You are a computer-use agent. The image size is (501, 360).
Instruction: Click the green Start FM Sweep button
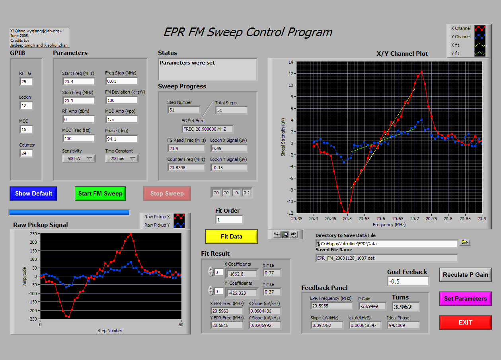click(x=100, y=194)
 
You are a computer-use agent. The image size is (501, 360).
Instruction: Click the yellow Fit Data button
click(x=232, y=237)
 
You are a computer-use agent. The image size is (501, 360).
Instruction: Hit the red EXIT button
click(x=466, y=323)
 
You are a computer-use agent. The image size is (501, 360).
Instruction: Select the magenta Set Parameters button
click(x=466, y=298)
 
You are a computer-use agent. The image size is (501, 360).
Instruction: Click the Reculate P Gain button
click(x=466, y=275)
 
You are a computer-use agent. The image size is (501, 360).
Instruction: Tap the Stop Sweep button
click(x=167, y=194)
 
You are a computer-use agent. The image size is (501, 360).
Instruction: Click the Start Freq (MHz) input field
click(x=78, y=82)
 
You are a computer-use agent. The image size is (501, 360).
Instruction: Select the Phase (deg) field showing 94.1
click(x=121, y=139)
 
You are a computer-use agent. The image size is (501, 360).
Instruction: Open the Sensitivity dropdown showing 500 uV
click(x=79, y=158)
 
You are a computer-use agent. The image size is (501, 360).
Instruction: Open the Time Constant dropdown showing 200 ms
click(x=122, y=158)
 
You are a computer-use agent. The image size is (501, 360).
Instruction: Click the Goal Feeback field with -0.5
click(x=408, y=282)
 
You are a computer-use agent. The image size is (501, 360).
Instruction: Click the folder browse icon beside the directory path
click(x=465, y=242)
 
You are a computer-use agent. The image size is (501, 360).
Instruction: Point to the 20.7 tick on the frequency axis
click(x=415, y=219)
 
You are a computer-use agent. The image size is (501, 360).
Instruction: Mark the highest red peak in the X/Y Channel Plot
click(x=421, y=72)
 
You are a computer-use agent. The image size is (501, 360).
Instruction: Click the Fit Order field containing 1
click(x=229, y=220)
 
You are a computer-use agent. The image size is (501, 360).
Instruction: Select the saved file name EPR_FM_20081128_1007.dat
click(x=345, y=258)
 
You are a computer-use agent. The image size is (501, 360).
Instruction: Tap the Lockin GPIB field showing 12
click(x=26, y=106)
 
